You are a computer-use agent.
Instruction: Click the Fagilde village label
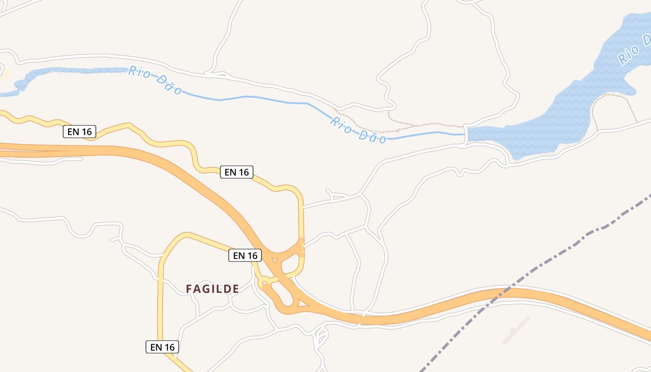coord(213,289)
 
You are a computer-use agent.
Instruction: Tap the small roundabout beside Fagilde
coord(264,283)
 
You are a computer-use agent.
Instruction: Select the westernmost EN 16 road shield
coord(80,132)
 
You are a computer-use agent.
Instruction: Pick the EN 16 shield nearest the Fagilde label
coord(245,255)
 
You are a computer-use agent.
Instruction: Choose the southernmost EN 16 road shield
coord(162,347)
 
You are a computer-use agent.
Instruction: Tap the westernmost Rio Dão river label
coord(155,80)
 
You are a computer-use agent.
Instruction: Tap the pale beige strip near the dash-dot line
coord(516,330)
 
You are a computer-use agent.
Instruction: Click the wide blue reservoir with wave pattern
coord(572,112)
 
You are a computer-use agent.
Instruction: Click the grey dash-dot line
coord(581,235)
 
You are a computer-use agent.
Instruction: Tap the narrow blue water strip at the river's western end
coord(70,71)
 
